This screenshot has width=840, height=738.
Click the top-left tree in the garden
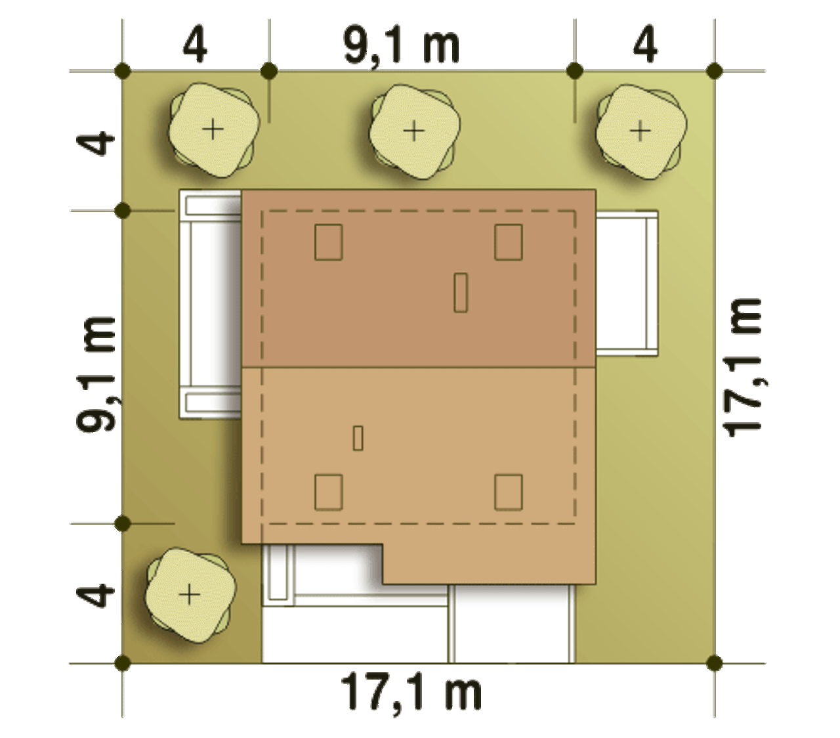coord(213,130)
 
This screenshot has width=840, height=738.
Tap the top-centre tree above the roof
coord(414,132)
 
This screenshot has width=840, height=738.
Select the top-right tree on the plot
coord(640,132)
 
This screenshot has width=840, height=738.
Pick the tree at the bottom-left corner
coord(190,596)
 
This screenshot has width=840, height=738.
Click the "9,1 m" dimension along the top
coord(402,45)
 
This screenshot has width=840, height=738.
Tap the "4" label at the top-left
coord(194,44)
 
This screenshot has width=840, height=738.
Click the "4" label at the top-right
coord(645,44)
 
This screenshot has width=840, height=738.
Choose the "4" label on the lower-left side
coord(95,596)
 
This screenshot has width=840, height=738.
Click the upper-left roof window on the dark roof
coord(328,242)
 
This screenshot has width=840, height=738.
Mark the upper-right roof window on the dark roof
coord(509,242)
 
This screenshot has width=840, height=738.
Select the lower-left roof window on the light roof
coord(328,492)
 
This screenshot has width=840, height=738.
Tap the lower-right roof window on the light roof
coord(509,492)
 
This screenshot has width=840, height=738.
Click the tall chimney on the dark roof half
coord(461,292)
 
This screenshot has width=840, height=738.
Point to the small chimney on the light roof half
coord(358,438)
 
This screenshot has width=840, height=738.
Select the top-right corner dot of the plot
coord(715,71)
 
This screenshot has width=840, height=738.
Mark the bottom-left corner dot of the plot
coord(122,662)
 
